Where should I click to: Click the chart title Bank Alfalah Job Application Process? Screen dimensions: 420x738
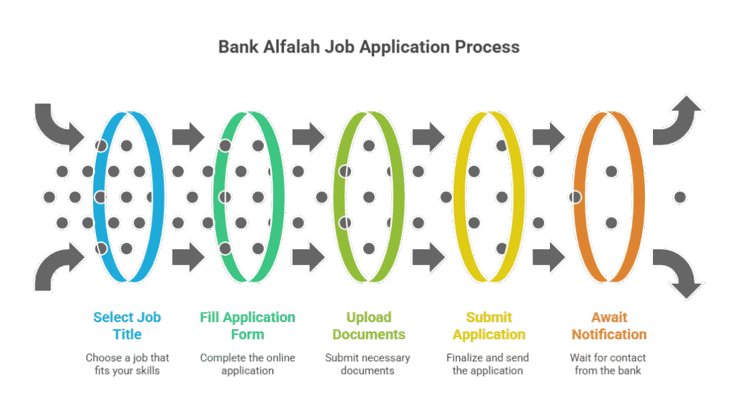click(368, 48)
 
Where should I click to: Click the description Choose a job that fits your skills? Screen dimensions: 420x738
click(128, 364)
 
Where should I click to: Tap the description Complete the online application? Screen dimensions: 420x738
click(247, 364)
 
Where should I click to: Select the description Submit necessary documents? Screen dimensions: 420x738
click(368, 364)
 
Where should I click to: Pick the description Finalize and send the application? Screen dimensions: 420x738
click(488, 364)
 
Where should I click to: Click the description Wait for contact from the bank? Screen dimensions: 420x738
click(609, 364)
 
